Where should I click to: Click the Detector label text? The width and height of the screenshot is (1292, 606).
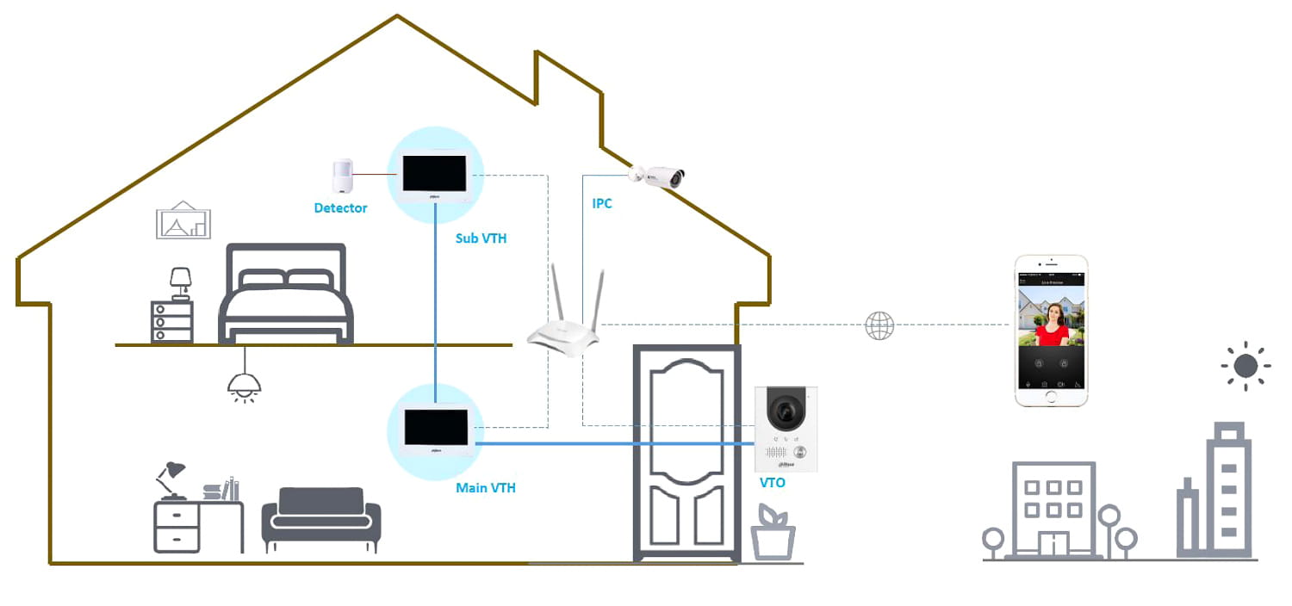340,208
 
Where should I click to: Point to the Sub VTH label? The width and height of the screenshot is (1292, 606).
481,238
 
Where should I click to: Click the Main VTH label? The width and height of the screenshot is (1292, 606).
486,488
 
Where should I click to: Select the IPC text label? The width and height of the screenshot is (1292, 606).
602,204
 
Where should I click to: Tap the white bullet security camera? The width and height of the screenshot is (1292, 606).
658,176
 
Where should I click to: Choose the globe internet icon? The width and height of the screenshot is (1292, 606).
879,325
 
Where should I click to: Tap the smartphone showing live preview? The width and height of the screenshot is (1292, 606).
1051,330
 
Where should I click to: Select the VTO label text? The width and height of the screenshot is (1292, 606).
772,483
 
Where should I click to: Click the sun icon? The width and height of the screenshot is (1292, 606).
1245,366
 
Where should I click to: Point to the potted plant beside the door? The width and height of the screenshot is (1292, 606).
773,534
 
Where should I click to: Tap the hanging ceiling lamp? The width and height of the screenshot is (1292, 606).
245,384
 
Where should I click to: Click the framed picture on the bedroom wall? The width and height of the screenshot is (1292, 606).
183,220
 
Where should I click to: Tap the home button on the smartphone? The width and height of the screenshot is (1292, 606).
1051,397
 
